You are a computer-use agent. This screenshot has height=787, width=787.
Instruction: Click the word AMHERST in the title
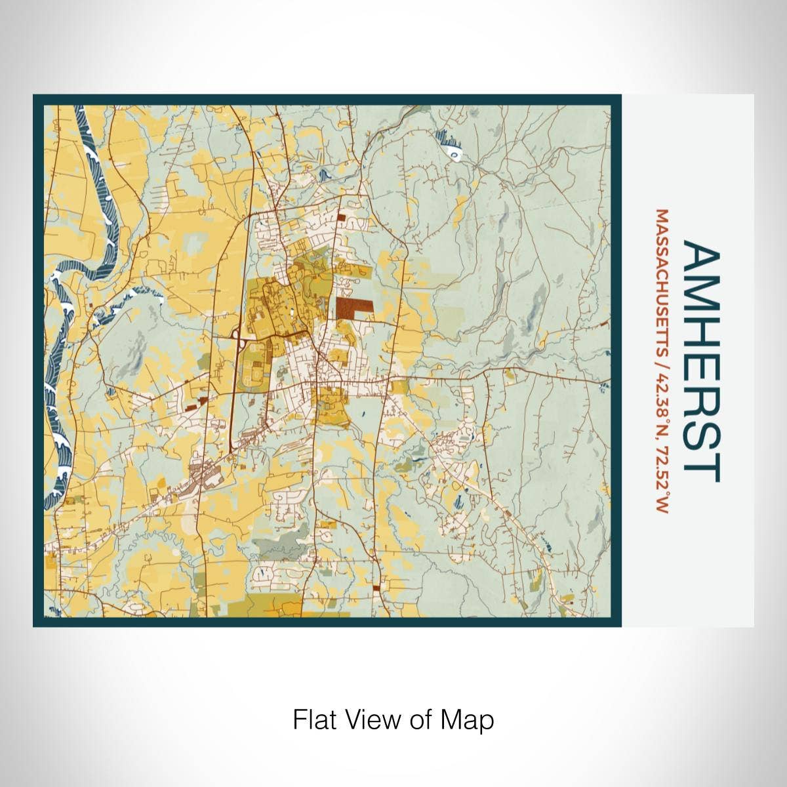(701, 361)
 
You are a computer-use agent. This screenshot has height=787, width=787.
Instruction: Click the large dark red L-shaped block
(351, 308)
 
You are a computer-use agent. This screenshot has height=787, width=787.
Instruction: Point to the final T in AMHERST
(701, 470)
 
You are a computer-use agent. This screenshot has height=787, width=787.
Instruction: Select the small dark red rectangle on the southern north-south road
(376, 588)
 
